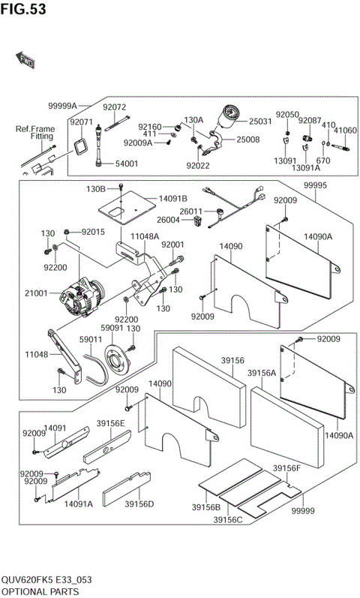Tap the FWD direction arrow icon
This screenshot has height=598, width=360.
tap(25, 59)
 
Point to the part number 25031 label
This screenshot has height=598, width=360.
tap(260, 121)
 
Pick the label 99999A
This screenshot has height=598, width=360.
tap(63, 107)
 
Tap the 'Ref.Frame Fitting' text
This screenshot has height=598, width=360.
tap(35, 133)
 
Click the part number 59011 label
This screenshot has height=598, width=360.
tap(91, 339)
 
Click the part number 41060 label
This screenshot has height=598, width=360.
tap(345, 130)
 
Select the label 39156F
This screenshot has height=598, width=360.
tap(286, 468)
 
